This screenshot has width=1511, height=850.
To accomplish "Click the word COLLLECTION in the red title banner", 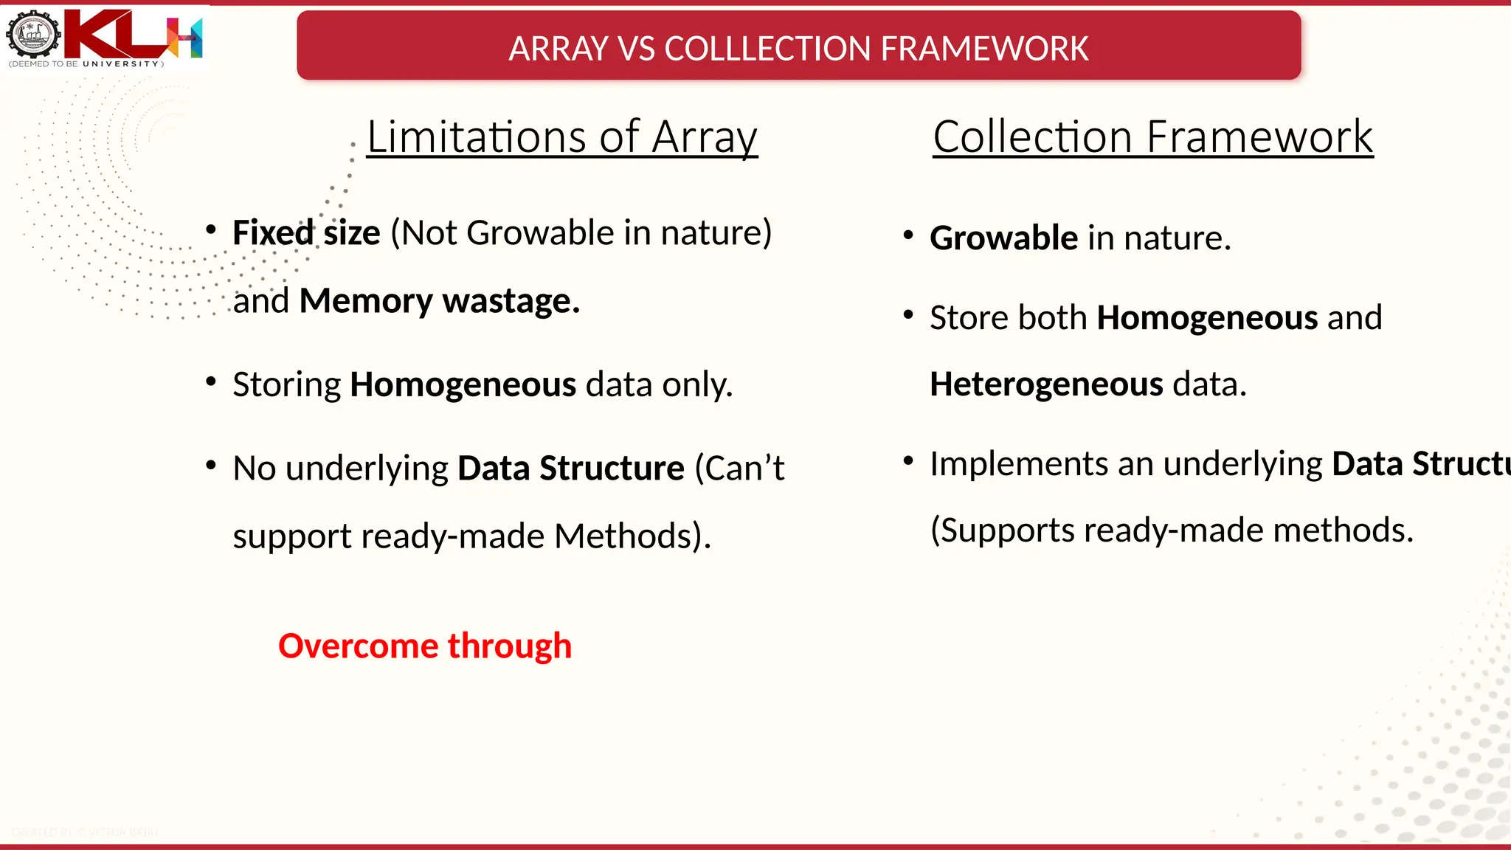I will pos(767,49).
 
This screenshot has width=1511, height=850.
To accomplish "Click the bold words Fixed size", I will pos(306,232).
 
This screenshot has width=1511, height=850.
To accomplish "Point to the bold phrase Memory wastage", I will pos(440,300).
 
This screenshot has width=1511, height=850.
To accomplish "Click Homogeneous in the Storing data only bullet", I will pos(463,384).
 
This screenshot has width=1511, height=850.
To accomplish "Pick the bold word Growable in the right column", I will pos(1003,238).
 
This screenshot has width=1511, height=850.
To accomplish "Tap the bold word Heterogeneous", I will pos(1046,384).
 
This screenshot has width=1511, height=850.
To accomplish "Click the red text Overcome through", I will pos(425,646).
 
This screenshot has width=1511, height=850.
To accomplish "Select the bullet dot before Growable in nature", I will pos(908,235).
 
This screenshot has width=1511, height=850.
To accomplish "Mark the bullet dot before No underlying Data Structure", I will pos(211,466).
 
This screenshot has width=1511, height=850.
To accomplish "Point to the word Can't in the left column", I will pos(739,468).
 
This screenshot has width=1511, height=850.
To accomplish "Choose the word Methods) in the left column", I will pos(632,536).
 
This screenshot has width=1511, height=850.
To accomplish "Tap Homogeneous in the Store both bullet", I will pos(1207,317).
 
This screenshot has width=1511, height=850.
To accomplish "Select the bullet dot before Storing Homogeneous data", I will pos(211,382).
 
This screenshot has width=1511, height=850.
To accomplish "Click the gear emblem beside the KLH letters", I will pos(33,34).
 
